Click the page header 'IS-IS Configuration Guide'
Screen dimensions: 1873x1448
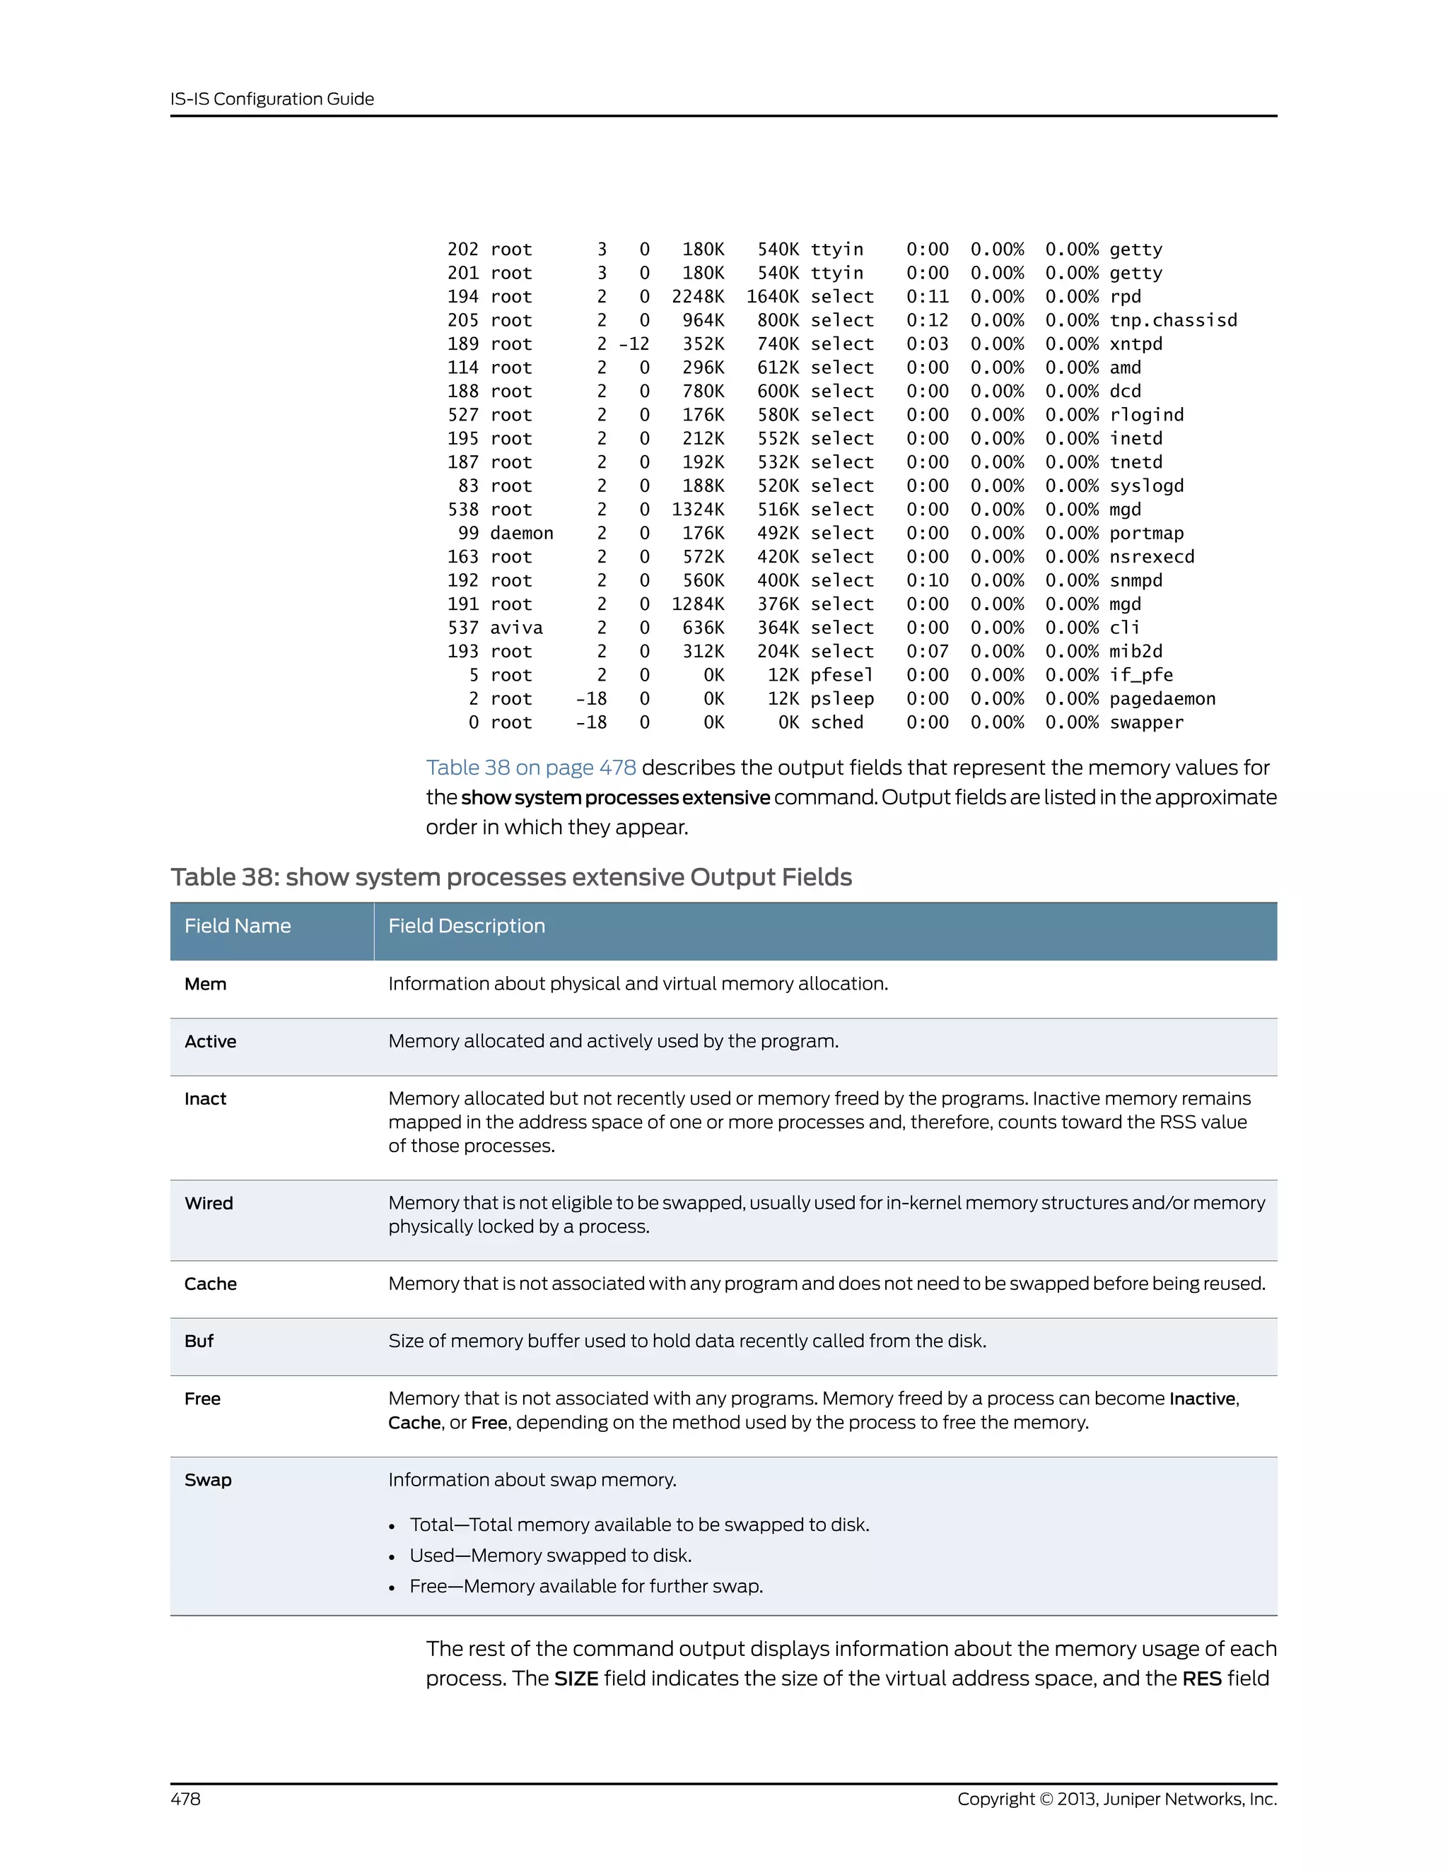pyautogui.click(x=272, y=99)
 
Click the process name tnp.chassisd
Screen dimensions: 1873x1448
pyautogui.click(x=1173, y=320)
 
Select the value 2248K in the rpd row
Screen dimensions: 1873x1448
pyautogui.click(x=697, y=297)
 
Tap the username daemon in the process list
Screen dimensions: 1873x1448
pyautogui.click(x=522, y=533)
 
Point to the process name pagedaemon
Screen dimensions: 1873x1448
pyautogui.click(x=1162, y=699)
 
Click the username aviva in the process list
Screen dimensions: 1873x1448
pyautogui.click(x=515, y=628)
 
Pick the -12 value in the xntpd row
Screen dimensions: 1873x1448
pyautogui.click(x=634, y=344)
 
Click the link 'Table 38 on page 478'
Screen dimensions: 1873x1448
pyautogui.click(x=531, y=768)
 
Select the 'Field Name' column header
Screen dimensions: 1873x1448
pyautogui.click(x=238, y=926)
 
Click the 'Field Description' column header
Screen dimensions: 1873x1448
pyautogui.click(x=467, y=926)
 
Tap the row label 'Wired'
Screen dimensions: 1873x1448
pyautogui.click(x=209, y=1203)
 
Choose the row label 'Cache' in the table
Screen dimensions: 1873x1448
pyautogui.click(x=210, y=1284)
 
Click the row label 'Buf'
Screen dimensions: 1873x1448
pyautogui.click(x=199, y=1341)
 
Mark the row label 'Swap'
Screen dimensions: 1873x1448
pyautogui.click(x=208, y=1480)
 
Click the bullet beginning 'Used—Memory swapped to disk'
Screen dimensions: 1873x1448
pyautogui.click(x=550, y=1556)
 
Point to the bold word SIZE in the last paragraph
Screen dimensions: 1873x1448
pyautogui.click(x=576, y=1679)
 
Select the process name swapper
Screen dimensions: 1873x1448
pyautogui.click(x=1146, y=722)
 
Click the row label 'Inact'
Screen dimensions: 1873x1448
pyautogui.click(x=205, y=1100)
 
